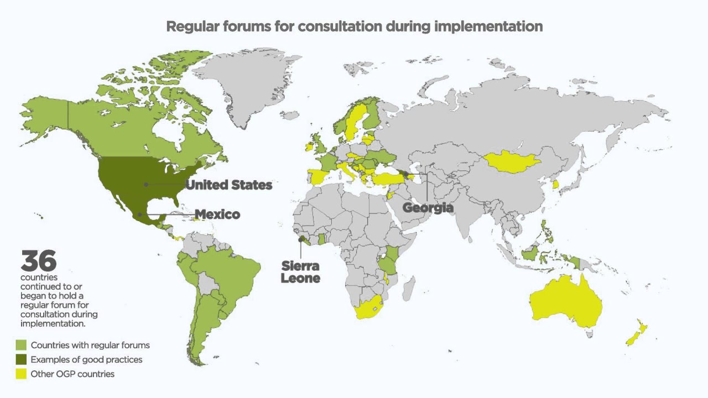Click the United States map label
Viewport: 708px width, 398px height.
pos(228,185)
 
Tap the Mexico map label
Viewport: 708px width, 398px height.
pos(217,214)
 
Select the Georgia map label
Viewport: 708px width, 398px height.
pos(428,208)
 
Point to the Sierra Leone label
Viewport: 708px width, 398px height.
pos(300,272)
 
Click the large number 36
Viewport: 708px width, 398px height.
pos(39,261)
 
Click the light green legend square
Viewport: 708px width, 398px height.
pos(21,345)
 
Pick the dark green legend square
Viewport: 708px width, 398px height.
pos(21,360)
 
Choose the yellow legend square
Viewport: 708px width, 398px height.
pos(21,374)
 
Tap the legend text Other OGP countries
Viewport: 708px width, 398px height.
pos(72,374)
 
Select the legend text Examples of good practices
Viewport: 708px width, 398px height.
pos(86,360)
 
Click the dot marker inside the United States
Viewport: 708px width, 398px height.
pos(146,185)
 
